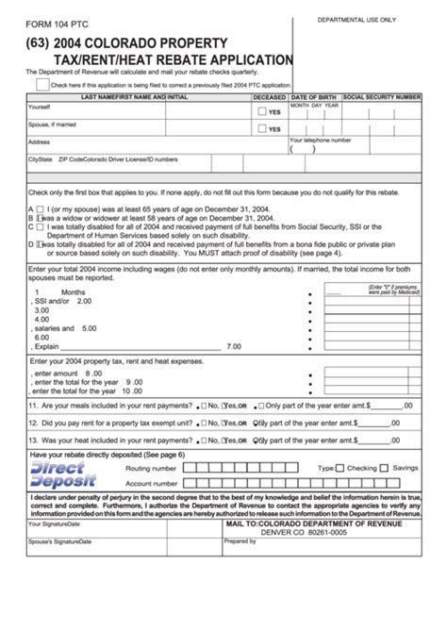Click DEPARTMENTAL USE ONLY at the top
(x=356, y=20)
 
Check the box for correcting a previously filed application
(x=42, y=83)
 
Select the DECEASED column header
(x=270, y=97)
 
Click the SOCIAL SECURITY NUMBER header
(x=381, y=97)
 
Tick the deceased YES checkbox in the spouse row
(x=260, y=129)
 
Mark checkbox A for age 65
(x=41, y=208)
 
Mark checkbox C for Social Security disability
(x=41, y=226)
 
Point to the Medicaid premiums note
(x=393, y=290)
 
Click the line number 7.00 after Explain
(x=235, y=345)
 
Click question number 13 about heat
(x=33, y=440)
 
